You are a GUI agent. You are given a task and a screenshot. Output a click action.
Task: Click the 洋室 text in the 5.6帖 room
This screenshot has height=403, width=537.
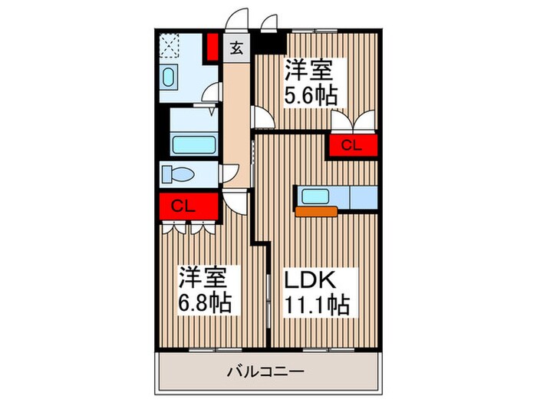[x=309, y=71]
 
